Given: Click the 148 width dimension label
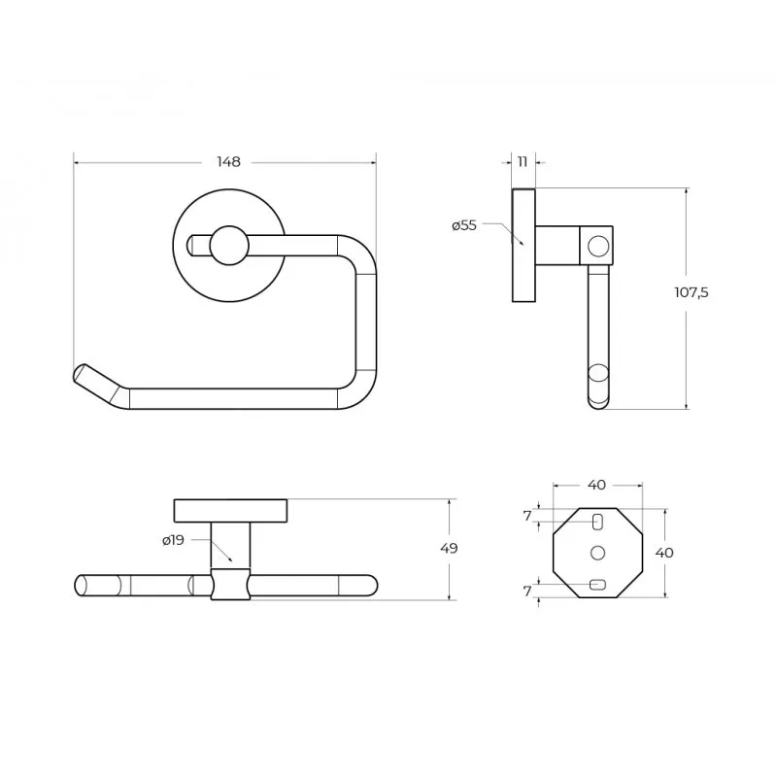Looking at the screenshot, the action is point(228,162).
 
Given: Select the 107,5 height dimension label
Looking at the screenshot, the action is point(692,292).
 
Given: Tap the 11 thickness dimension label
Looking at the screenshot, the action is point(523,161).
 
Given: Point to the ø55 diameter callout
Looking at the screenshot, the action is point(464,225).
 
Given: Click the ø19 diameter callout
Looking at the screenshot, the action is point(173,540).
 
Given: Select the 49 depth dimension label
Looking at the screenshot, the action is point(449,549).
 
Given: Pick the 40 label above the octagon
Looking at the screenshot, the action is point(596,485).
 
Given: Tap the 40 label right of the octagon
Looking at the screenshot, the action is point(664,553).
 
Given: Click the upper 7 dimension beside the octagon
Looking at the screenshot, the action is point(527,517).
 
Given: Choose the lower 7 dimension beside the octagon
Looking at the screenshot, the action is point(527,591).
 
